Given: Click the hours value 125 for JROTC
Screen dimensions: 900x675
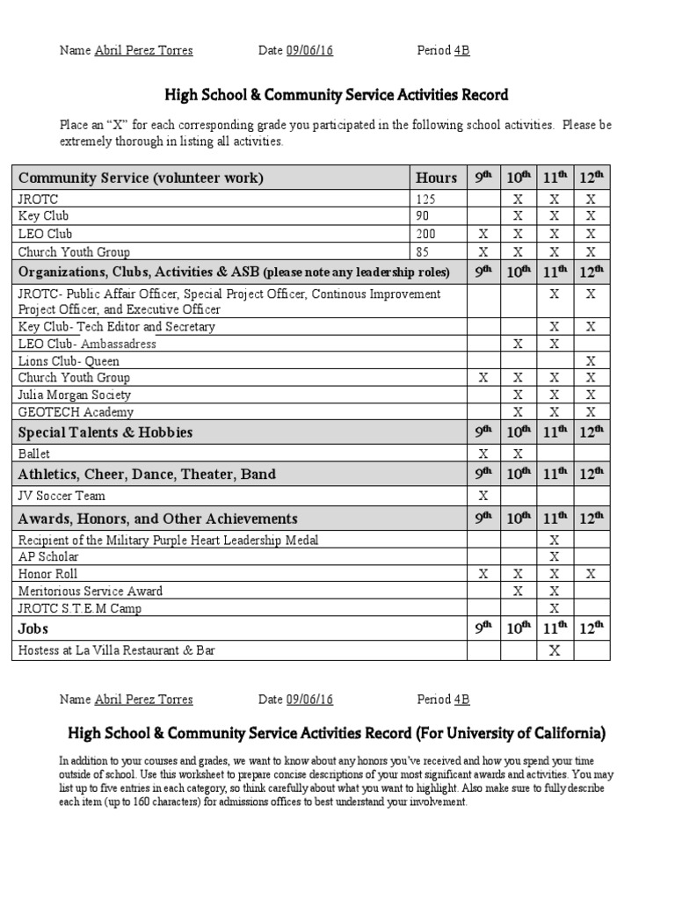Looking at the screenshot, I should click(425, 200).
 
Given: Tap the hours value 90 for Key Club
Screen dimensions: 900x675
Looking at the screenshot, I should click(423, 216).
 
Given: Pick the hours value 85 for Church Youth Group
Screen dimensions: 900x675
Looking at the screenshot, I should click(423, 251).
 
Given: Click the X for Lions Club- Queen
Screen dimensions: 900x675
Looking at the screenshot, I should click(591, 361).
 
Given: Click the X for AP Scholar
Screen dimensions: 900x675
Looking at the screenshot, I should click(554, 556).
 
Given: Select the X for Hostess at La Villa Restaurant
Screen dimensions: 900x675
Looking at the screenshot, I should click(554, 651).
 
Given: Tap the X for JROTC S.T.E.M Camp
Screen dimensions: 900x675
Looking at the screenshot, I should click(554, 608).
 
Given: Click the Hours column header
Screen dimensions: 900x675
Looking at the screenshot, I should click(436, 178).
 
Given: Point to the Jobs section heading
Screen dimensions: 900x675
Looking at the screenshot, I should click(33, 629).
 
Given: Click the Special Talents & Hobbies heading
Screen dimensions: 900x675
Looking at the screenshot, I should click(105, 432).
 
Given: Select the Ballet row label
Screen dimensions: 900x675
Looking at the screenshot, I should click(34, 454).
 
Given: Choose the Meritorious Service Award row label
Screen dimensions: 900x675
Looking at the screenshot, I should click(91, 592).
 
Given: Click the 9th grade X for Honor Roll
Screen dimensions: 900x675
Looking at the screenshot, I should click(483, 574).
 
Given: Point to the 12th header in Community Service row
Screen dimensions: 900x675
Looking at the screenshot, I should click(591, 178).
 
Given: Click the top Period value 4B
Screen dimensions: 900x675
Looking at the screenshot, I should click(461, 51).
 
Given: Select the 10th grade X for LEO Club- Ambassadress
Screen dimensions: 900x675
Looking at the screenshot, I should click(518, 344).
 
